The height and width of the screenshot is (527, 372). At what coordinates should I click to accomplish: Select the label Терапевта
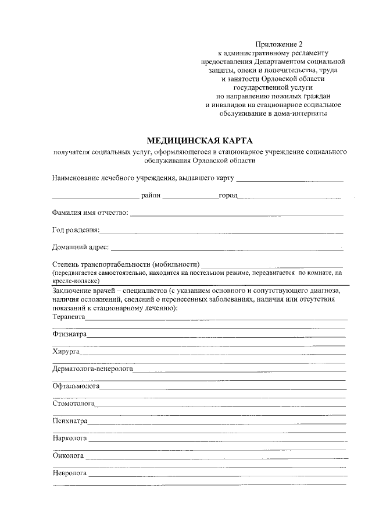pos(69,317)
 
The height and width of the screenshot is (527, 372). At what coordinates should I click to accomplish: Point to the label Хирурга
pos(66,352)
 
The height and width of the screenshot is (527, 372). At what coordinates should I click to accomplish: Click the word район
pos(151,195)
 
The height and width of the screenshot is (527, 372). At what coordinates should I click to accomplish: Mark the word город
pos(228,195)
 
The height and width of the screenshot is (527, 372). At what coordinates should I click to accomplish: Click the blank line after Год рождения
pos(221,231)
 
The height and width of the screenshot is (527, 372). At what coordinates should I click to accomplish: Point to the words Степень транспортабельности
pos(101,264)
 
